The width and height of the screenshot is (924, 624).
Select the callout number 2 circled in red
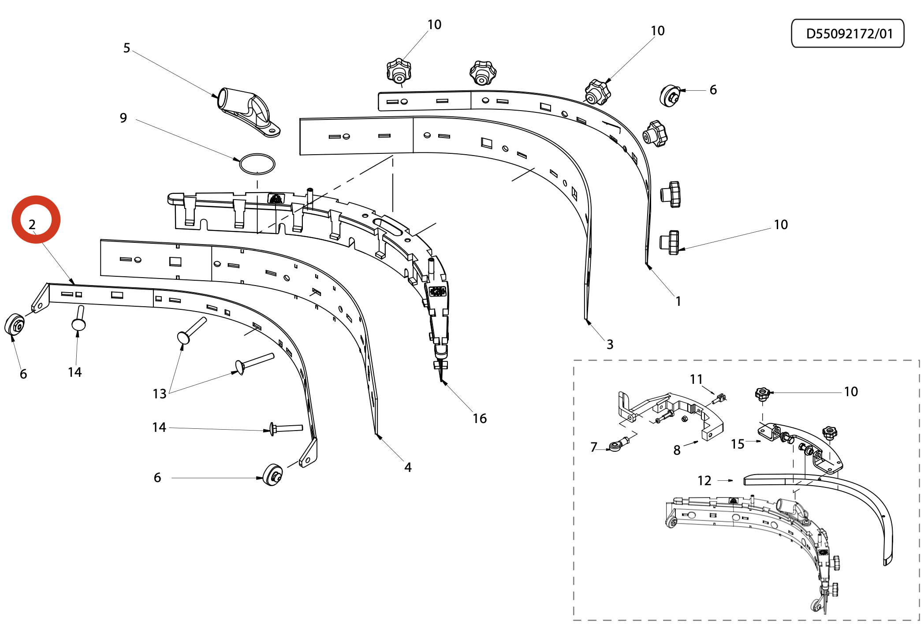[x=32, y=224]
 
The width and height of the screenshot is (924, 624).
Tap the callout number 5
[x=127, y=48]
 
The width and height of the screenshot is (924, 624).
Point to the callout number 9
[x=123, y=118]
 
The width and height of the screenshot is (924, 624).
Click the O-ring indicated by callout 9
[x=257, y=164]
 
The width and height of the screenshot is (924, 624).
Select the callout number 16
[x=480, y=418]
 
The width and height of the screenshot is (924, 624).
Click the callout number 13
[x=160, y=394]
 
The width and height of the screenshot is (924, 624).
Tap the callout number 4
[x=408, y=467]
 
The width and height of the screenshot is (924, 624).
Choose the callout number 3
[x=610, y=344]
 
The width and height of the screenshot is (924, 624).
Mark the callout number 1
[x=678, y=301]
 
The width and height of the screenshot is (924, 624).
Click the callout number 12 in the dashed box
[x=704, y=480]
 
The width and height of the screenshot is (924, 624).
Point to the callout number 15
[x=738, y=444]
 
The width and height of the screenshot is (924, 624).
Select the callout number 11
[x=696, y=379]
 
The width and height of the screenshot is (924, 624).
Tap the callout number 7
[x=594, y=447]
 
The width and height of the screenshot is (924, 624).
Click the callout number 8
[x=677, y=450]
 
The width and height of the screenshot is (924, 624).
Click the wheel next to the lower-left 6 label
[x=272, y=475]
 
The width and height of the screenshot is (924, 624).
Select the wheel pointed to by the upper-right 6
[x=670, y=95]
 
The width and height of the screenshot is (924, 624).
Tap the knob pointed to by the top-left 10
[x=399, y=71]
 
